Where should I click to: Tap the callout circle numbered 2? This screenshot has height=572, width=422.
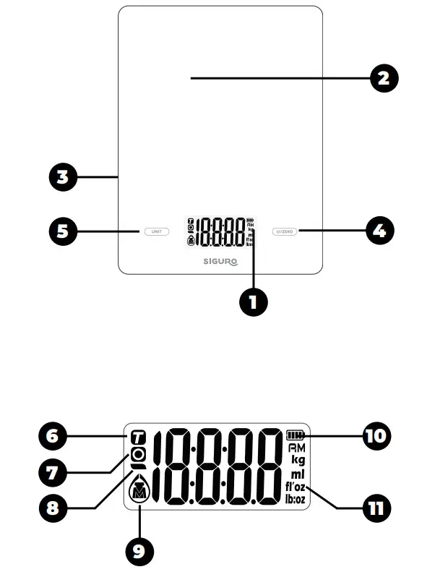[x=384, y=78]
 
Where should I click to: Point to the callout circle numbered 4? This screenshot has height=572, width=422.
[x=379, y=231]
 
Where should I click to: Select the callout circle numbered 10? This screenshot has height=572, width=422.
[x=376, y=436]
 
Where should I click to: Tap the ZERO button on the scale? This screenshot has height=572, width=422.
[x=284, y=231]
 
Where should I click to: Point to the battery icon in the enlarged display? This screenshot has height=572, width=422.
[x=296, y=436]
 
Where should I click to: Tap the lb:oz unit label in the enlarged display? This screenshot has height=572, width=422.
[x=296, y=500]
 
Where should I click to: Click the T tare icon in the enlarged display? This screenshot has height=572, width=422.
[x=138, y=438]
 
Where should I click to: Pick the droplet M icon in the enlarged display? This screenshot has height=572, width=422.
[x=138, y=492]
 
